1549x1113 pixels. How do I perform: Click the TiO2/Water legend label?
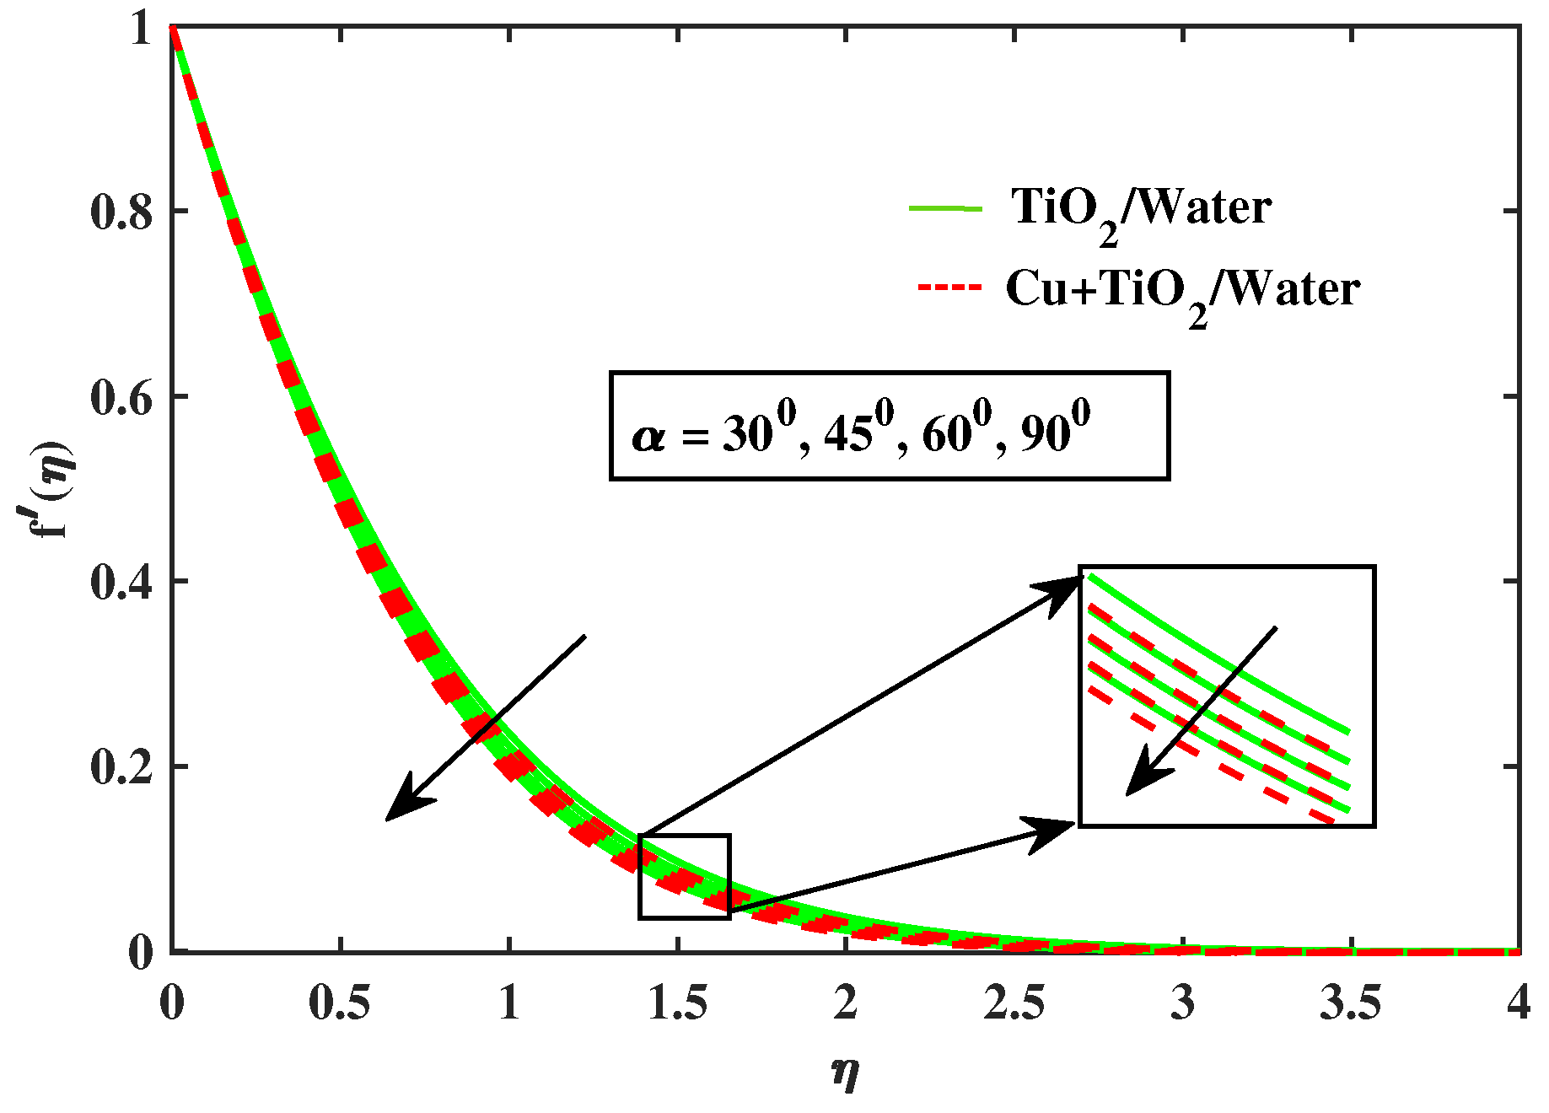(x=1141, y=208)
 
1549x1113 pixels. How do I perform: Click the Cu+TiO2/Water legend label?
(x=1182, y=291)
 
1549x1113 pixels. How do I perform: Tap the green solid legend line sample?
(x=945, y=208)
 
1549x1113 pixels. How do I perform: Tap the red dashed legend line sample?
(x=949, y=288)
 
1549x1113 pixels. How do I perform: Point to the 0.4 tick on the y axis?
(x=121, y=583)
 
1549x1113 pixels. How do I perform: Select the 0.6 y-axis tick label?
(x=121, y=397)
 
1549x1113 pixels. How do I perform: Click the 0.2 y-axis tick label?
(x=121, y=768)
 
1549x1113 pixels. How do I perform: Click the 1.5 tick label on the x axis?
(x=677, y=1003)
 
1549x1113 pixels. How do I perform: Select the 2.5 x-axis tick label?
(x=1014, y=1003)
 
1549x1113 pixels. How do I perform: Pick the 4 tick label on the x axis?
(x=1519, y=1003)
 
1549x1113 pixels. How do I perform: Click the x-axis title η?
(x=845, y=1073)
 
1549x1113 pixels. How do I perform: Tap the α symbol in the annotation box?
(x=648, y=437)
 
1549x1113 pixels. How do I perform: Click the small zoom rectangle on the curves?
(x=685, y=876)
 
